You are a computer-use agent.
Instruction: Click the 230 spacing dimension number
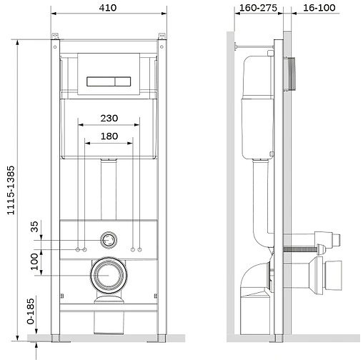pyautogui.click(x=110, y=118)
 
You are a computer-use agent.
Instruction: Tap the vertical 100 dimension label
pyautogui.click(x=34, y=260)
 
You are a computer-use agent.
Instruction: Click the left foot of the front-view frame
pyautogui.click(x=56, y=334)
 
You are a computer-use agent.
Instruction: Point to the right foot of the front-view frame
pyautogui.click(x=163, y=334)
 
